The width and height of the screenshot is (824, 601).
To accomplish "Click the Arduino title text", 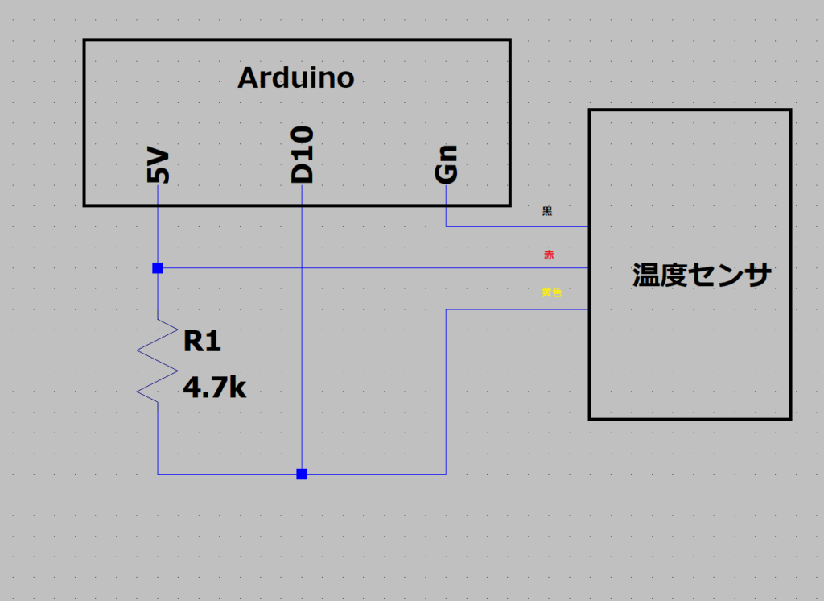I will click(x=296, y=78).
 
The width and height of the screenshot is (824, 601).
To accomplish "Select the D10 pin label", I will click(x=303, y=155).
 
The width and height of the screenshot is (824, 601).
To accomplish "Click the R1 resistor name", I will click(x=202, y=342).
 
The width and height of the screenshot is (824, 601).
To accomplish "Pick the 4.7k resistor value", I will click(x=214, y=388).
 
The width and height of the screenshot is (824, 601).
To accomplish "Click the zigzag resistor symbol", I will click(x=158, y=359).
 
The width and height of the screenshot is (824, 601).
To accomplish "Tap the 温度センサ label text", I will click(x=702, y=275).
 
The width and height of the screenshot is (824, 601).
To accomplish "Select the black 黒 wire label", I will click(x=547, y=211).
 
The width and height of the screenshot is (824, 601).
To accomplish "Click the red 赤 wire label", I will click(x=549, y=255).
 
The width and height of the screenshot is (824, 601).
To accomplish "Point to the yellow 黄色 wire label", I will click(x=551, y=292).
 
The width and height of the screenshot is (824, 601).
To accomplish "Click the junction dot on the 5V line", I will click(x=158, y=267).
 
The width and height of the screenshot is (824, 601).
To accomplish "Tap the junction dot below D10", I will click(x=302, y=474).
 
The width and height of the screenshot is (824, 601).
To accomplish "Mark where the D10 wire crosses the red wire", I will click(x=302, y=267).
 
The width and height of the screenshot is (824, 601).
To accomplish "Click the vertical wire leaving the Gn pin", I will click(x=447, y=206).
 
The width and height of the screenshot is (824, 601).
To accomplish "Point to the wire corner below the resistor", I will click(x=158, y=474).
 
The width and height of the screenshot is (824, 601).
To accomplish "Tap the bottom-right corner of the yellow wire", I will click(x=446, y=474).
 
